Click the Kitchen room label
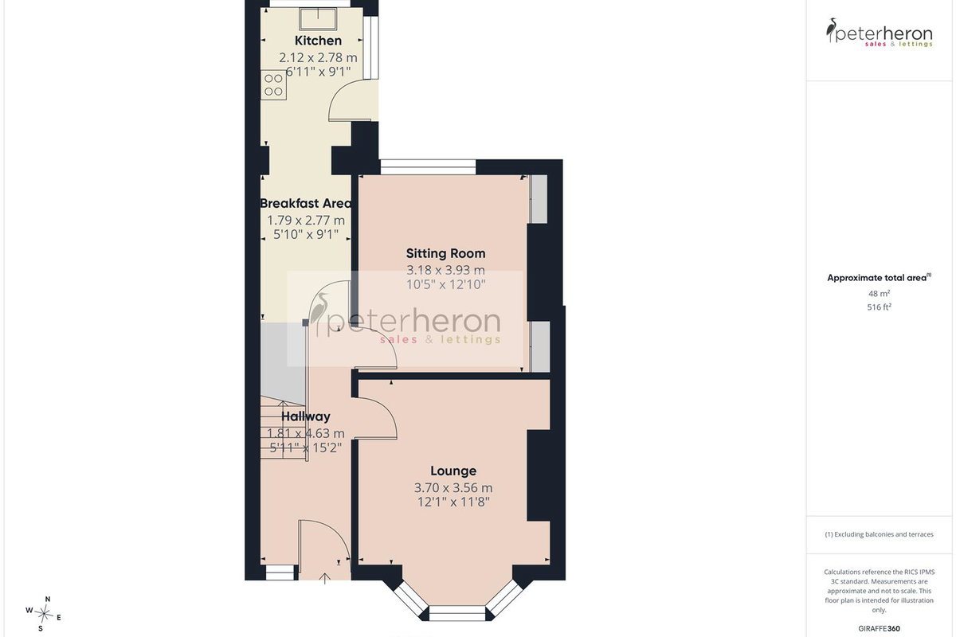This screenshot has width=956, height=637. (x=318, y=41)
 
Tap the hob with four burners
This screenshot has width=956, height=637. (x=273, y=84)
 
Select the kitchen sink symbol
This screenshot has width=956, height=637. (x=318, y=18)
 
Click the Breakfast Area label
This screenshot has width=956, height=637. (x=306, y=204)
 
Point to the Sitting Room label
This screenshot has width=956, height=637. (x=445, y=254)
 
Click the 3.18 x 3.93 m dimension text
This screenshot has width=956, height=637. (x=445, y=270)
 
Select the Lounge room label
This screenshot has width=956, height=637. (x=453, y=471)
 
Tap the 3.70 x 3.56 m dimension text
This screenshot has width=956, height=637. (x=453, y=487)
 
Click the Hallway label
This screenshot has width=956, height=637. (x=306, y=416)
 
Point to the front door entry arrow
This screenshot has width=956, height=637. (x=325, y=579)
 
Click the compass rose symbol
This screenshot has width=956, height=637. (x=44, y=615)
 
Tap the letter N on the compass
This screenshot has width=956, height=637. (x=48, y=599)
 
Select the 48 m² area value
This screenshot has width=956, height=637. (x=880, y=294)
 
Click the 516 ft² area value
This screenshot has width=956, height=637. (x=880, y=307)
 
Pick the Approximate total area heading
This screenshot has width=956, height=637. (x=880, y=278)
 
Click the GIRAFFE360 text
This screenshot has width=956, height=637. (x=880, y=628)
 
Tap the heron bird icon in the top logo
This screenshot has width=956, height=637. (x=831, y=30)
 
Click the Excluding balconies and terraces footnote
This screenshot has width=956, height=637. (x=880, y=534)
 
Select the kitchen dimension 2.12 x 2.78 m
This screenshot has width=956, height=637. (x=318, y=57)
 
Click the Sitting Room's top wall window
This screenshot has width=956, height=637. (x=428, y=167)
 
